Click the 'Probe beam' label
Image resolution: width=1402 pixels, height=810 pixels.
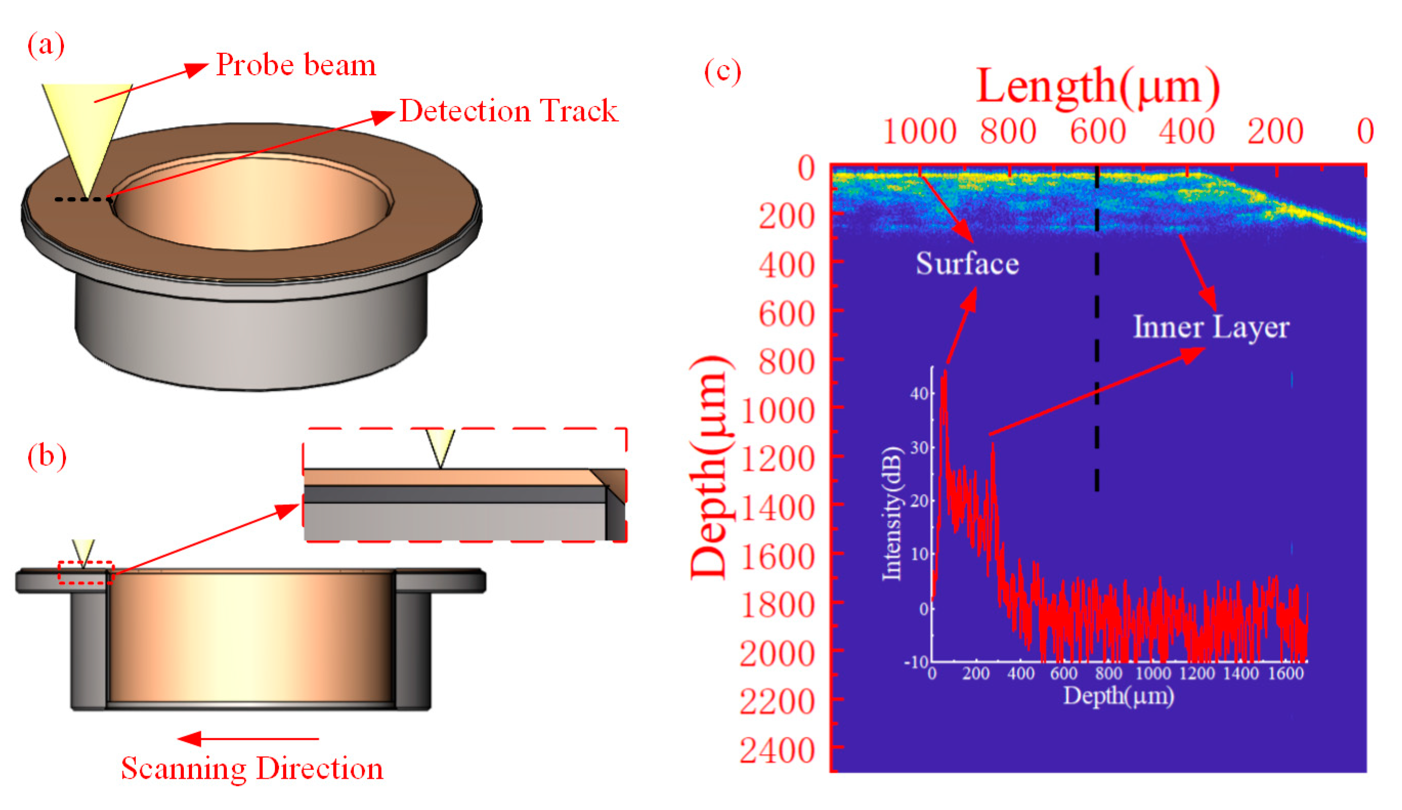[296, 65]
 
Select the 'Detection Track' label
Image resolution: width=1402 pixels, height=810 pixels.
[508, 111]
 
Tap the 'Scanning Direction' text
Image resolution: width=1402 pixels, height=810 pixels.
[252, 769]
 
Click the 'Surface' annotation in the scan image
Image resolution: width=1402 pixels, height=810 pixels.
[967, 263]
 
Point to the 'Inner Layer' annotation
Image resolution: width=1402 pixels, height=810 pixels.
[1210, 327]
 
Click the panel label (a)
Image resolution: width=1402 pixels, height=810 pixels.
[46, 45]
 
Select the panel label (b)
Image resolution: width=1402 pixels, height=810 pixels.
[47, 456]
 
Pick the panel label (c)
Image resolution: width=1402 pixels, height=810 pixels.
[722, 72]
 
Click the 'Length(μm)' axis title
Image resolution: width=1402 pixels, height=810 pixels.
[1098, 88]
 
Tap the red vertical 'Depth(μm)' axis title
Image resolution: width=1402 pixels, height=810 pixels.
[709, 467]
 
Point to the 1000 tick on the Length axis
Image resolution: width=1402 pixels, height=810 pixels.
[919, 133]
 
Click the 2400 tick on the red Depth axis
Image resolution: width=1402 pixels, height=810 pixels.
[777, 751]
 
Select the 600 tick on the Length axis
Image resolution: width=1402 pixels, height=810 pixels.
[1098, 133]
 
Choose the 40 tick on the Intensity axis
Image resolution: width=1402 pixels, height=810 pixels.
[919, 394]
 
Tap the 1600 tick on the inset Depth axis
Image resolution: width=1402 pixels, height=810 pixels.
[1286, 674]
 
